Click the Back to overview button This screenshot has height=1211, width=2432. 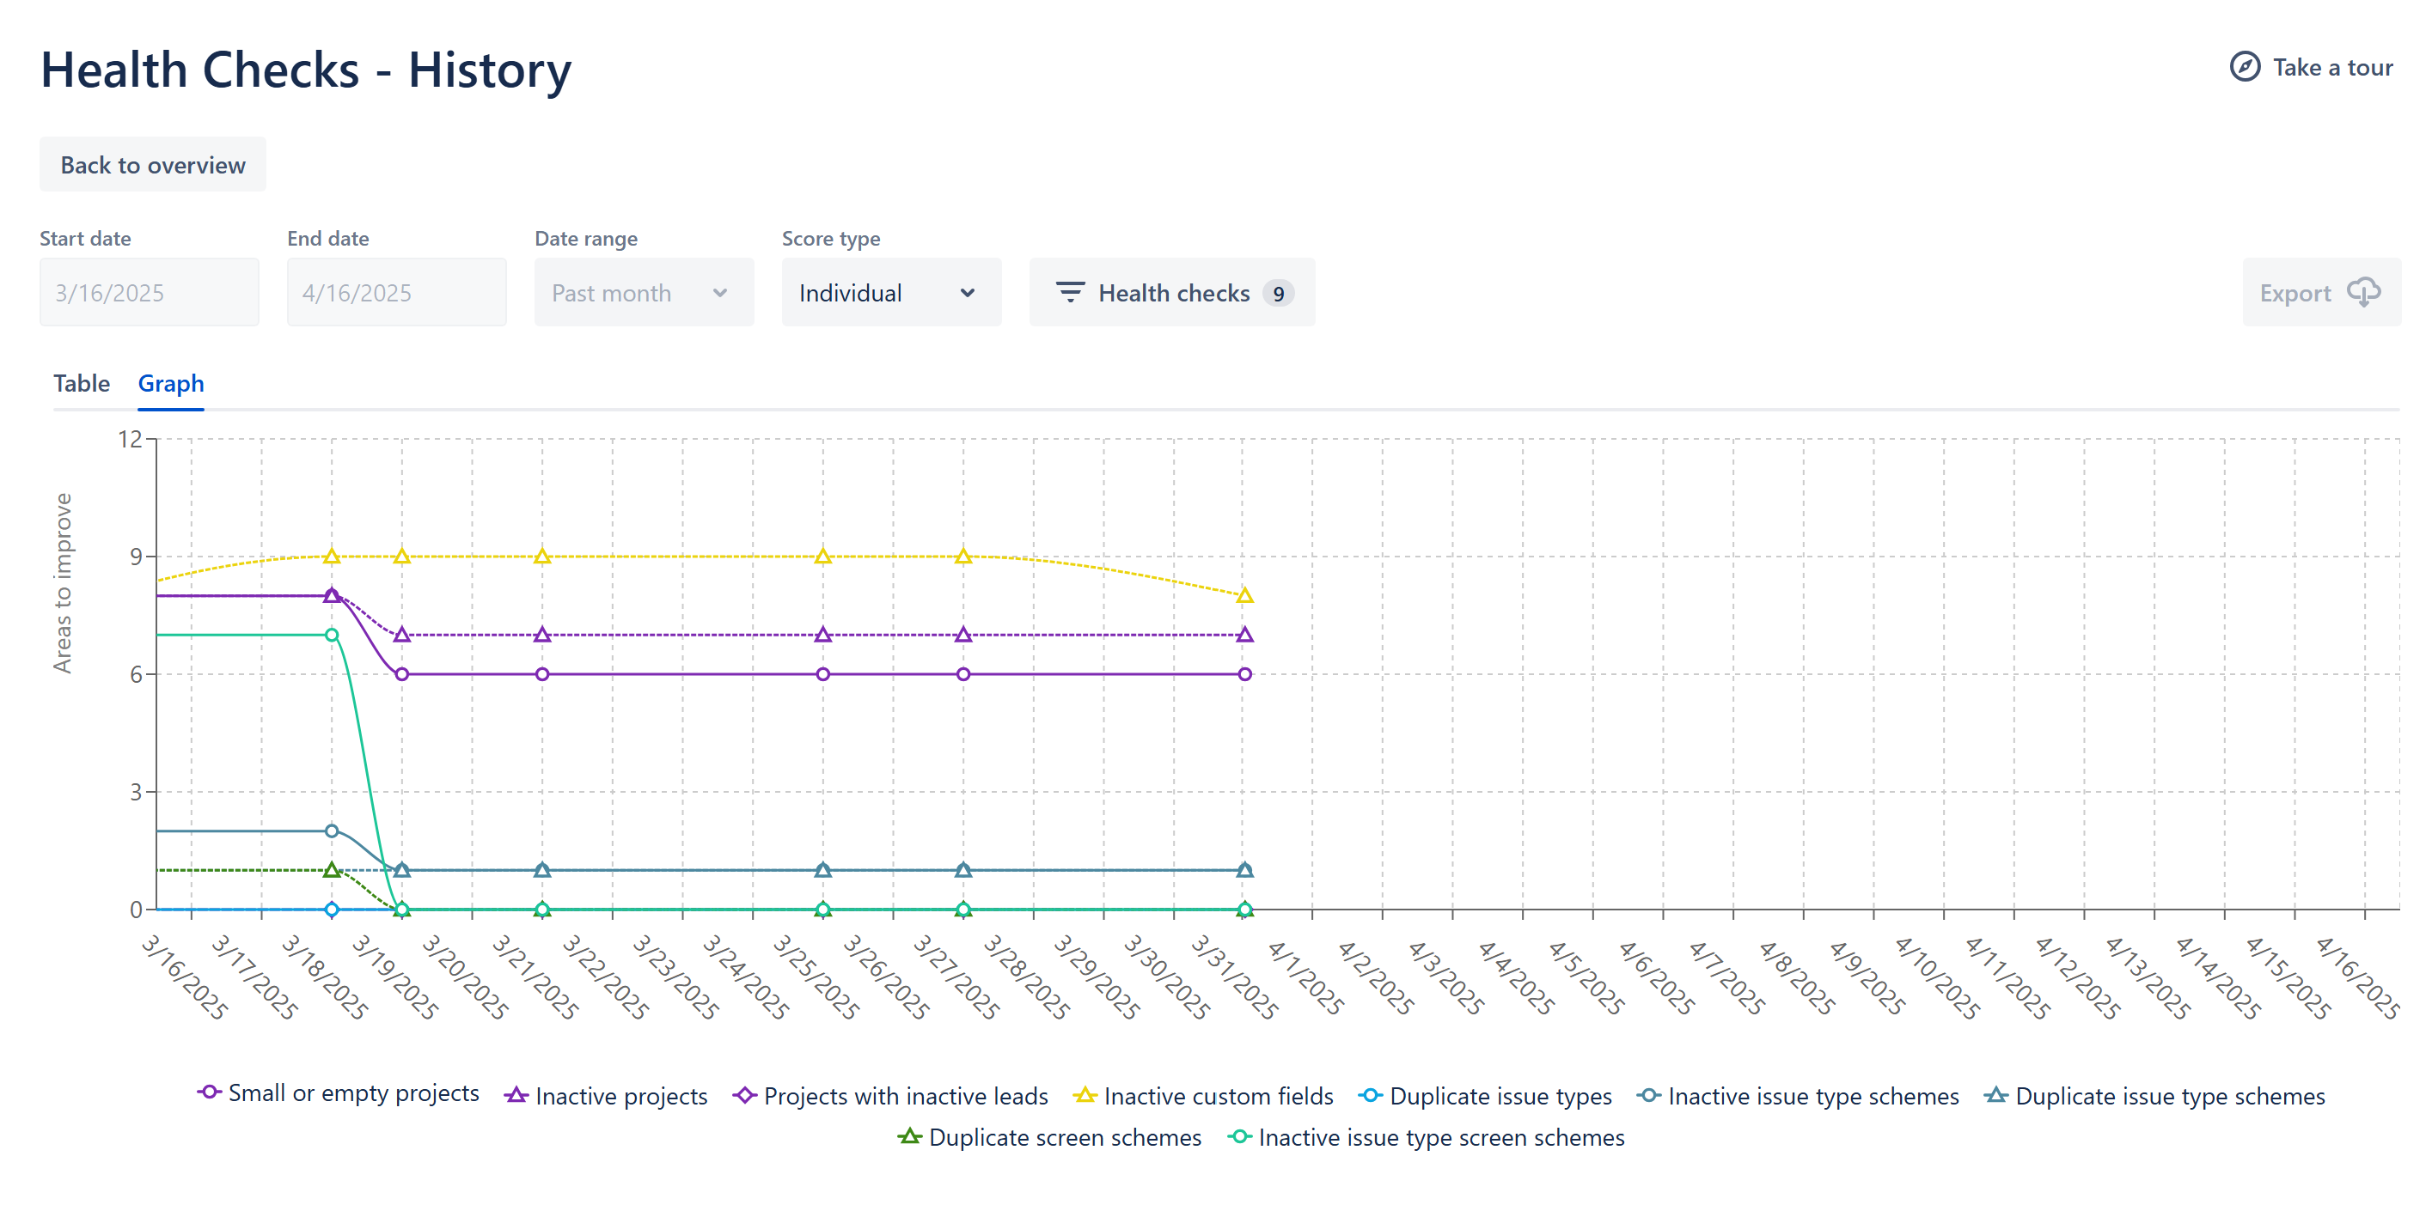point(152,165)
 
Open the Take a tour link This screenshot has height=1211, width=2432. point(2311,67)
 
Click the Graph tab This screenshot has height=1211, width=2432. point(171,383)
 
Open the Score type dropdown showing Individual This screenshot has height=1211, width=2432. point(890,293)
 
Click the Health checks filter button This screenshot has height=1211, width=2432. point(1170,293)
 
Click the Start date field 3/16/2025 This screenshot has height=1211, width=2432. point(150,293)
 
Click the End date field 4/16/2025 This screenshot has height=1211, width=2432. point(396,293)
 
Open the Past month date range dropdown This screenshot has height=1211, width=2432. point(644,293)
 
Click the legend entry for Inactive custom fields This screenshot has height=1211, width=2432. point(1204,1096)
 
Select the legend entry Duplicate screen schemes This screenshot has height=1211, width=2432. point(1050,1137)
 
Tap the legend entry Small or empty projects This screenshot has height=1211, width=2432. point(338,1093)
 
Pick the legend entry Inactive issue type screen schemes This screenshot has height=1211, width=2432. point(1427,1137)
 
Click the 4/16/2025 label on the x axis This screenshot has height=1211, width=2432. point(2357,977)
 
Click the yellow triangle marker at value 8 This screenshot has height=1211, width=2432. point(1244,595)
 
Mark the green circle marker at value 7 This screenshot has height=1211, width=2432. point(332,636)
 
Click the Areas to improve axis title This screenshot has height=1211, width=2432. point(63,582)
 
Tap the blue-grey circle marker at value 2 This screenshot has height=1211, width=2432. point(332,831)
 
